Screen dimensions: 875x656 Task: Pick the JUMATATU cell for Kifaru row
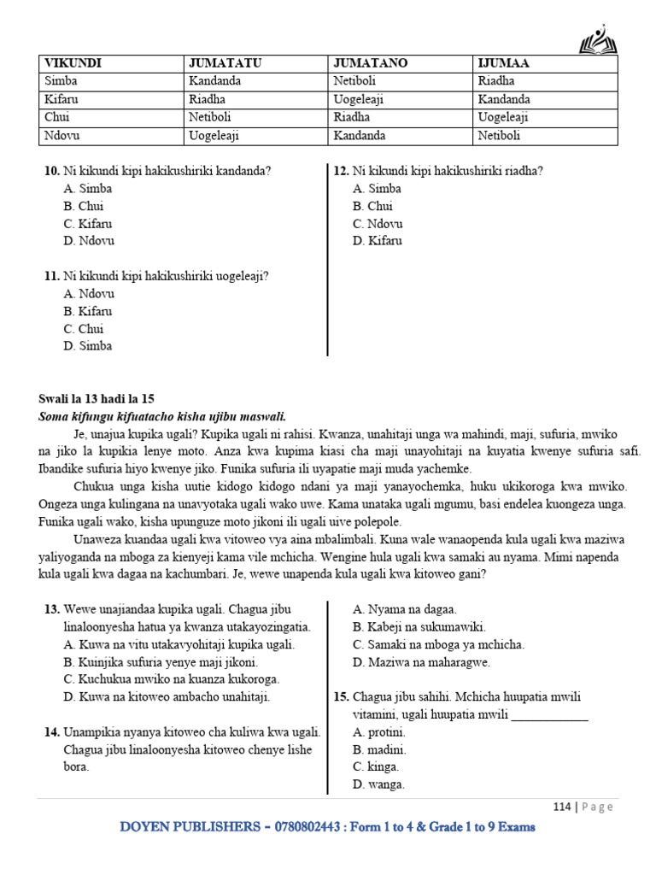pyautogui.click(x=208, y=99)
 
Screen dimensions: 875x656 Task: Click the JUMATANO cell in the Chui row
pyautogui.click(x=352, y=117)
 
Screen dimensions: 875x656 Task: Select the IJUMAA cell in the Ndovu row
pyautogui.click(x=499, y=135)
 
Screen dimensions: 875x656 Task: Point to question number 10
pyautogui.click(x=51, y=171)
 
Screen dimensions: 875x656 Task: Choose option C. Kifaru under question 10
pyautogui.click(x=88, y=224)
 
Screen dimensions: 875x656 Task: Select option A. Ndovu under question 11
pyautogui.click(x=89, y=294)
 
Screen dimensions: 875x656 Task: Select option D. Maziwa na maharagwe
pyautogui.click(x=421, y=662)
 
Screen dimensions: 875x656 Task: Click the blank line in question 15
pyautogui.click(x=549, y=715)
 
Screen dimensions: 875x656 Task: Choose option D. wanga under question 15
pyautogui.click(x=378, y=784)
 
